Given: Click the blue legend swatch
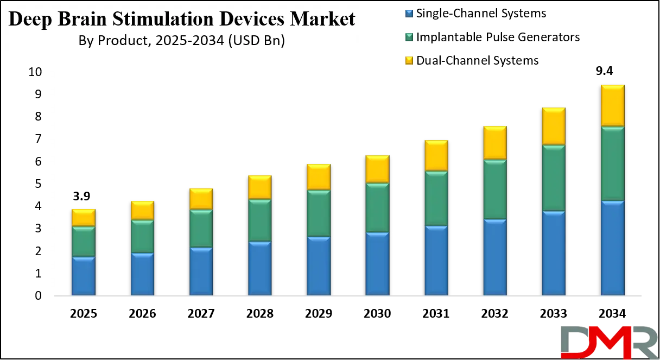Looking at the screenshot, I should coord(410,12).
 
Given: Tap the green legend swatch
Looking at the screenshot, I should coord(410,36).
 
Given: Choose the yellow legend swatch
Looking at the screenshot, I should coord(410,60).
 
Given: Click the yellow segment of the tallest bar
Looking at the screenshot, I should coord(612,105).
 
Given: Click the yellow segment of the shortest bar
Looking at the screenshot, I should coord(84,218).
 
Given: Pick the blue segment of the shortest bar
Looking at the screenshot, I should coord(84,276).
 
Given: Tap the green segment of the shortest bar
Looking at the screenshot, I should coord(84,242).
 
